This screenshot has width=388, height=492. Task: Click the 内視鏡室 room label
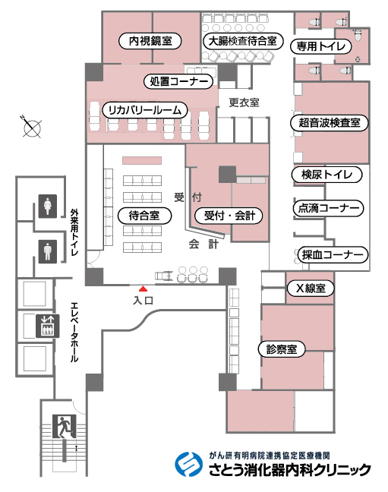point(150,41)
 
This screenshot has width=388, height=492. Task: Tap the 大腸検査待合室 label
point(243,41)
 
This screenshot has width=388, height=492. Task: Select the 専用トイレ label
point(321,46)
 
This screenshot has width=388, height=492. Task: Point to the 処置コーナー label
point(178,81)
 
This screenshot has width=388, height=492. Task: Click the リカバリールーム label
point(145,110)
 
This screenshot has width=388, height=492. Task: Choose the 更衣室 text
point(244,102)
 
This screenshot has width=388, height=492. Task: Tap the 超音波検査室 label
point(330,122)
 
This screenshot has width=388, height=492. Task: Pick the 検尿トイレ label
point(326,175)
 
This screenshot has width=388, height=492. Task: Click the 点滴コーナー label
point(328,208)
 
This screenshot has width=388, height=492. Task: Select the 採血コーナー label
point(333,255)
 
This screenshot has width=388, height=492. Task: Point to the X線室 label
point(311,288)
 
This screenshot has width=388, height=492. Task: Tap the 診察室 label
point(282,349)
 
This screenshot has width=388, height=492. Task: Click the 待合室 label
point(144,216)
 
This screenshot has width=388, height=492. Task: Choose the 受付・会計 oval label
point(229,216)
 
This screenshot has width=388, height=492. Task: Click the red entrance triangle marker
point(144,289)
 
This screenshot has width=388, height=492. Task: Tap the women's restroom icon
point(48,207)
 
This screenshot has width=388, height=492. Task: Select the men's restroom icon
point(48,251)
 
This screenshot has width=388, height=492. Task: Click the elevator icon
point(48,326)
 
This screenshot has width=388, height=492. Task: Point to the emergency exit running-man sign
point(65,427)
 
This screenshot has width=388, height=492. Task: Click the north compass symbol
point(32,127)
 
